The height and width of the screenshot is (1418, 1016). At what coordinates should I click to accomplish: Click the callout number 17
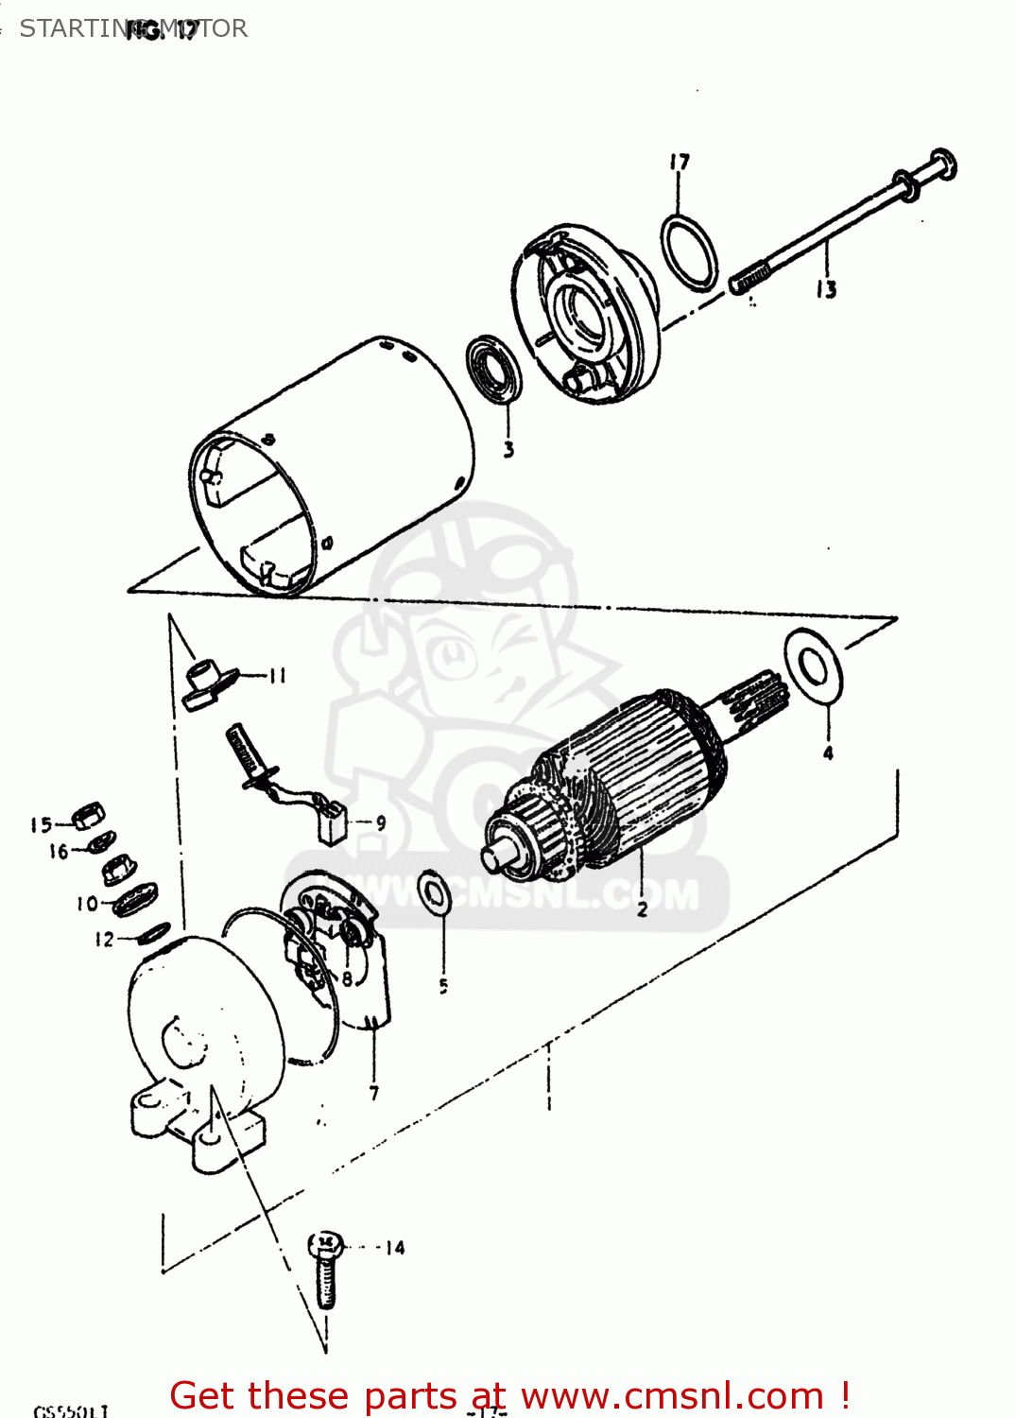pos(680,163)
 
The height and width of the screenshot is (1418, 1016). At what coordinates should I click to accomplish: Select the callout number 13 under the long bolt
pos(826,289)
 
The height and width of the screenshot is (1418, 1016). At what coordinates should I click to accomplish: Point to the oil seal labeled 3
pos(493,368)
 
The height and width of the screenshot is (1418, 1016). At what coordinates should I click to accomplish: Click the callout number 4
pos(828,752)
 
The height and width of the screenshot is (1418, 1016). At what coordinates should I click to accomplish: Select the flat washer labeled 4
pos(813,666)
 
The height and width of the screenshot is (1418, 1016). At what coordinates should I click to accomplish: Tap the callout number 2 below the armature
pos(642,909)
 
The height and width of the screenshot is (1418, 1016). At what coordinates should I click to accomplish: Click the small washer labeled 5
pos(435,892)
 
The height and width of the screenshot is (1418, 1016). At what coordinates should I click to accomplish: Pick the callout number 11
pos(277,675)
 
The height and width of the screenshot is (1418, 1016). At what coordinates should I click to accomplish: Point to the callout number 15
pos(40,824)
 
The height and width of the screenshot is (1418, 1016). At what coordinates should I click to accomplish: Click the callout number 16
pos(59,852)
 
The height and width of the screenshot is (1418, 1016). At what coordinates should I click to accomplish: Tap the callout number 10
pos(87,904)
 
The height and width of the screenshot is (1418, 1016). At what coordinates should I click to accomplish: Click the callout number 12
pos(104,940)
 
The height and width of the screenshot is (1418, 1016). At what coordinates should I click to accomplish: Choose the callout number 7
pos(374,1093)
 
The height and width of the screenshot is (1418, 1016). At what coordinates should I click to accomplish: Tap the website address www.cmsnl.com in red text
pos(672,1395)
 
